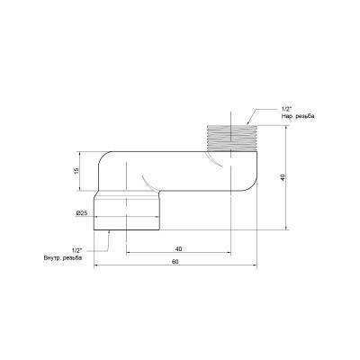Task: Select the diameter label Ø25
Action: [82, 212]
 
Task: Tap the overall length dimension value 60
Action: [175, 261]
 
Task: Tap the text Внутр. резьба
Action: [64, 258]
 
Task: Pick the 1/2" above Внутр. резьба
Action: [76, 249]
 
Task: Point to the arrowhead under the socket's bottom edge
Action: [109, 230]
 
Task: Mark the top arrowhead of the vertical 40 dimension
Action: [287, 128]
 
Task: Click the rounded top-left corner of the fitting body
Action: [101, 155]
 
